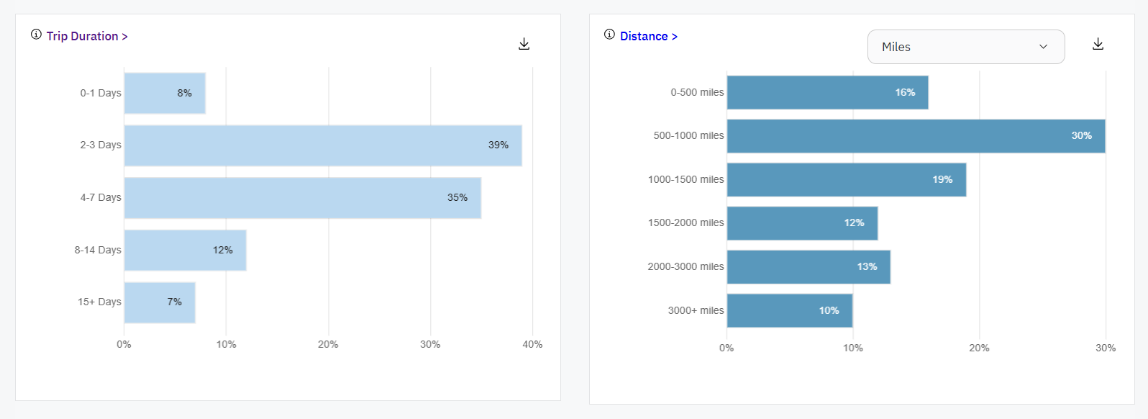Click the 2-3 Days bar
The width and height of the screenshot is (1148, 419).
[323, 145]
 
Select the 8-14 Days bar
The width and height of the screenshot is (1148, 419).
[185, 251]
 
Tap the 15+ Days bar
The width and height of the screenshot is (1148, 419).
[159, 302]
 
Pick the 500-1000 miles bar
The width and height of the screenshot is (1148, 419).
[916, 136]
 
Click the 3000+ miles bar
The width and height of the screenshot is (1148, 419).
[789, 310]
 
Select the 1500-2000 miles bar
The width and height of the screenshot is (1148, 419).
[802, 223]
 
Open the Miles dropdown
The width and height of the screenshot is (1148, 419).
[965, 47]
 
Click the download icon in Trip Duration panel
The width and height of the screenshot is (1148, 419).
[524, 44]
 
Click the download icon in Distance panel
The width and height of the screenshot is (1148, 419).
[1098, 44]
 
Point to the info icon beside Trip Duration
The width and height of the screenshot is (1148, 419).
[36, 35]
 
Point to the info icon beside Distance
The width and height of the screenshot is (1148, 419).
[609, 35]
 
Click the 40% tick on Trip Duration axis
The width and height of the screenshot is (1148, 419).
[532, 344]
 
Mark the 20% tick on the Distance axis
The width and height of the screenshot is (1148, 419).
[979, 348]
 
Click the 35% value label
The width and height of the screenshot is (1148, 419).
[457, 197]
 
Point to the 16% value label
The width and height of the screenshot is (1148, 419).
[905, 92]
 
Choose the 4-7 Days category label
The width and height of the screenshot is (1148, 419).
[101, 197]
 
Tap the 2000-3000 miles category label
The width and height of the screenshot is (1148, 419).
[685, 266]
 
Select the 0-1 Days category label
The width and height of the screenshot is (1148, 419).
[101, 93]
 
